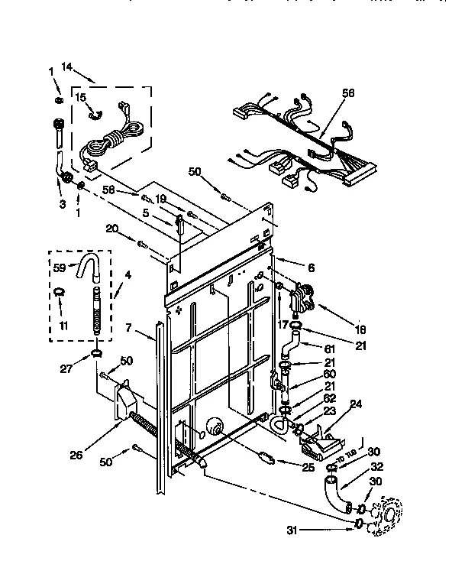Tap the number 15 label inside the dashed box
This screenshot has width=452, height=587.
pos(80,97)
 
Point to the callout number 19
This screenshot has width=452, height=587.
pos(160,199)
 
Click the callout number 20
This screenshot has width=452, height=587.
pos(112,228)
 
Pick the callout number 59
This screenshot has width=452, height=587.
pos(58,268)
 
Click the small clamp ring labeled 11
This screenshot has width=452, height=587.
pos(57,290)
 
